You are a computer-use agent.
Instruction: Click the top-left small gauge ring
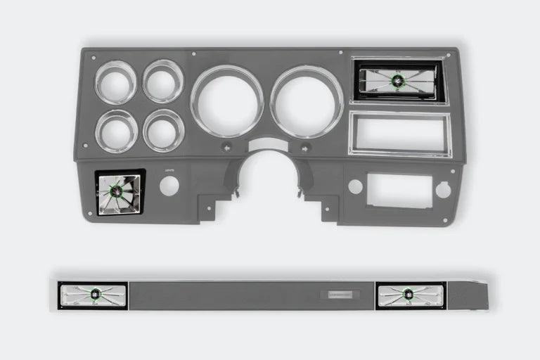tap(116, 82)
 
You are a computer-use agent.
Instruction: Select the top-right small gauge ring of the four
tap(163, 82)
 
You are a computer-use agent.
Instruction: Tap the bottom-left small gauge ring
tap(116, 131)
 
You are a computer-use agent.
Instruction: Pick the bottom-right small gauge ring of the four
tap(163, 130)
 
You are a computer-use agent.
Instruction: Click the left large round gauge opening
tap(226, 101)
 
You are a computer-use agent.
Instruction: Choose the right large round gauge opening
tap(307, 101)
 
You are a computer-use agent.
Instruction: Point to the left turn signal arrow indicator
tap(226, 148)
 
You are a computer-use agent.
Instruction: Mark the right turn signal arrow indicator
tap(306, 148)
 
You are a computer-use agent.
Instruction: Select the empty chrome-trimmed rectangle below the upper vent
tap(399, 134)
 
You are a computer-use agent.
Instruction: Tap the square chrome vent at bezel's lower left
tap(120, 193)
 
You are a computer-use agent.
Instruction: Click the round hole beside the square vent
tap(169, 186)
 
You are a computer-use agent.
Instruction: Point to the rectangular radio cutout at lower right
tap(399, 191)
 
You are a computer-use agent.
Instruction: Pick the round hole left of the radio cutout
tap(355, 186)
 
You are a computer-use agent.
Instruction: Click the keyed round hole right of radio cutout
tap(443, 190)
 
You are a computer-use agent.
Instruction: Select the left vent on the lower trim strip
tap(93, 295)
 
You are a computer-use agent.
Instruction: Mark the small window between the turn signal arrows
tap(267, 145)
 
